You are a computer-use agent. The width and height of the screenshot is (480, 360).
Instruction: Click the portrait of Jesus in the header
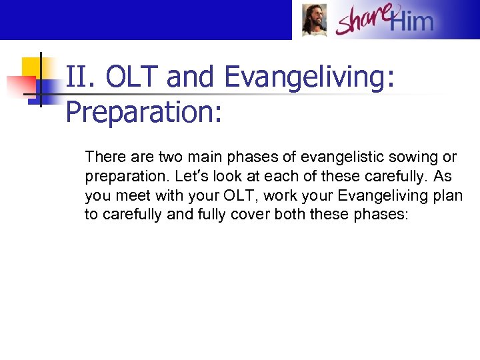click(314, 20)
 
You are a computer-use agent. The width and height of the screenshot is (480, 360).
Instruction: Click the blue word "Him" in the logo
click(411, 22)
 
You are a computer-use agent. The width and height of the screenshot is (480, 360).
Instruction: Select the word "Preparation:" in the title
click(143, 113)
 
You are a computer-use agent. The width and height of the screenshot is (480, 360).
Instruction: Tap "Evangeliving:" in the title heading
click(310, 78)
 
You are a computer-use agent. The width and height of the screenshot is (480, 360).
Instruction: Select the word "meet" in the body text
click(131, 196)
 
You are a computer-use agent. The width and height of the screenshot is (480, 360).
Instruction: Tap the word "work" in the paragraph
click(281, 196)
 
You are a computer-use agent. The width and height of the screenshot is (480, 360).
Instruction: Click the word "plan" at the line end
click(448, 196)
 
